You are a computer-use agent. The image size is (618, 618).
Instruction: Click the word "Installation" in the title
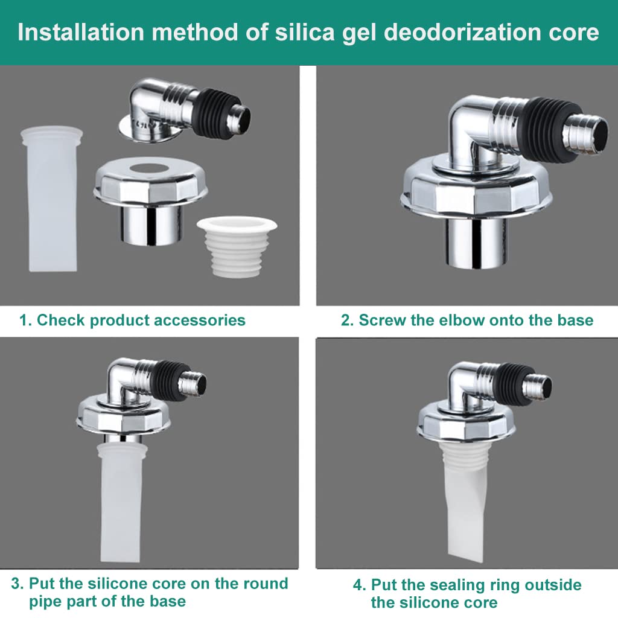pos(81,32)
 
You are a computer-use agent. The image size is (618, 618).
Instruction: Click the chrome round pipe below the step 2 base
pos(476,243)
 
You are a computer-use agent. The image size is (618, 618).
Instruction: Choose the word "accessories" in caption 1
pos(200,320)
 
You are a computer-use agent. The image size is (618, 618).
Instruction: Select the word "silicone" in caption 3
pos(116,584)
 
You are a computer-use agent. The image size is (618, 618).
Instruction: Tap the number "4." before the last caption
pos(360,585)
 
